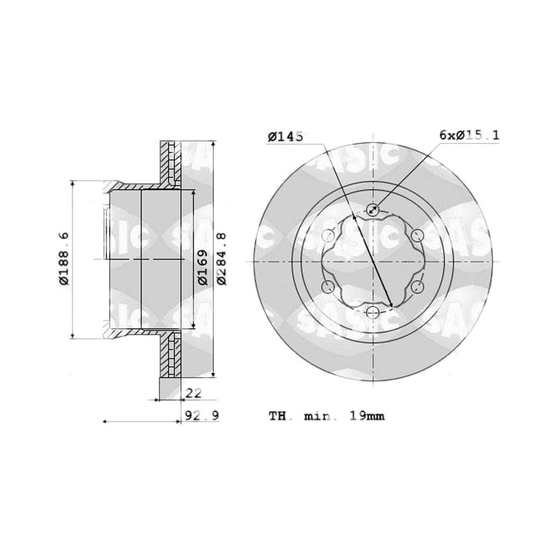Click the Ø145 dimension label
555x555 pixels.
pos(285,136)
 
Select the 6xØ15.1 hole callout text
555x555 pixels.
pos(470,135)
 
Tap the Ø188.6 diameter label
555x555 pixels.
pos(65,258)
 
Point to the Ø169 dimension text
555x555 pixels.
pos(203,267)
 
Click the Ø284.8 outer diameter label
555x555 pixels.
pos(221,258)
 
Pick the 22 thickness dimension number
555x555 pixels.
pos(194,393)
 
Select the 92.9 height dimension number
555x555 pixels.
pos(202,415)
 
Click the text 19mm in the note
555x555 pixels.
pos(367,416)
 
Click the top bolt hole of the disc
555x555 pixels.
pos(373,210)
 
